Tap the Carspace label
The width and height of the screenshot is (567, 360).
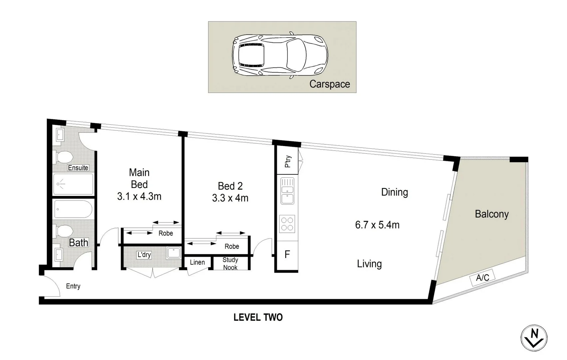[329, 84]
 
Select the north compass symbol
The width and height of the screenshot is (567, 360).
[534, 338]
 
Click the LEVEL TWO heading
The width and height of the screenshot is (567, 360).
[258, 317]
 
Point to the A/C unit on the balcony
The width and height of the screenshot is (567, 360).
[482, 277]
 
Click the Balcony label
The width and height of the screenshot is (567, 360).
[491, 214]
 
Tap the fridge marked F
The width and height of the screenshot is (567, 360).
[287, 255]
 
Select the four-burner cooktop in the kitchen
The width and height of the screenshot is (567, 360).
[287, 224]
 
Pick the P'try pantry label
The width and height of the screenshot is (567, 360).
[287, 161]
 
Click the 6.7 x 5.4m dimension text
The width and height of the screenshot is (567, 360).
[377, 225]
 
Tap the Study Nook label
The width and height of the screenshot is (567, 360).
[230, 264]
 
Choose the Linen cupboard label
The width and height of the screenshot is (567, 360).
[197, 262]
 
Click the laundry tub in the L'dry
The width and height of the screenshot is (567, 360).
[174, 253]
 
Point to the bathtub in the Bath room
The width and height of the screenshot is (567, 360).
[73, 209]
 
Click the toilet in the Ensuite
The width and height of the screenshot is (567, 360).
[64, 157]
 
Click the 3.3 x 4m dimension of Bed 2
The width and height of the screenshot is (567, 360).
[230, 198]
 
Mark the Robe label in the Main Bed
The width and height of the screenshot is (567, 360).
[166, 233]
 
